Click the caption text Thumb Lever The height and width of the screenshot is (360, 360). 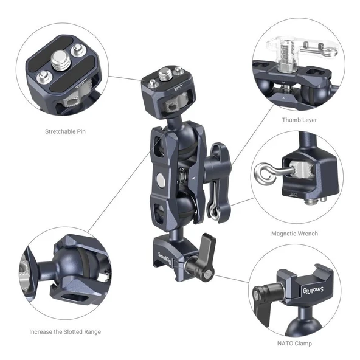click(299, 120)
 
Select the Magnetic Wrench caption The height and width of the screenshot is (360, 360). click(294, 234)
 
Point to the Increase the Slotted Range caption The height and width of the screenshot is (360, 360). click(65, 331)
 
